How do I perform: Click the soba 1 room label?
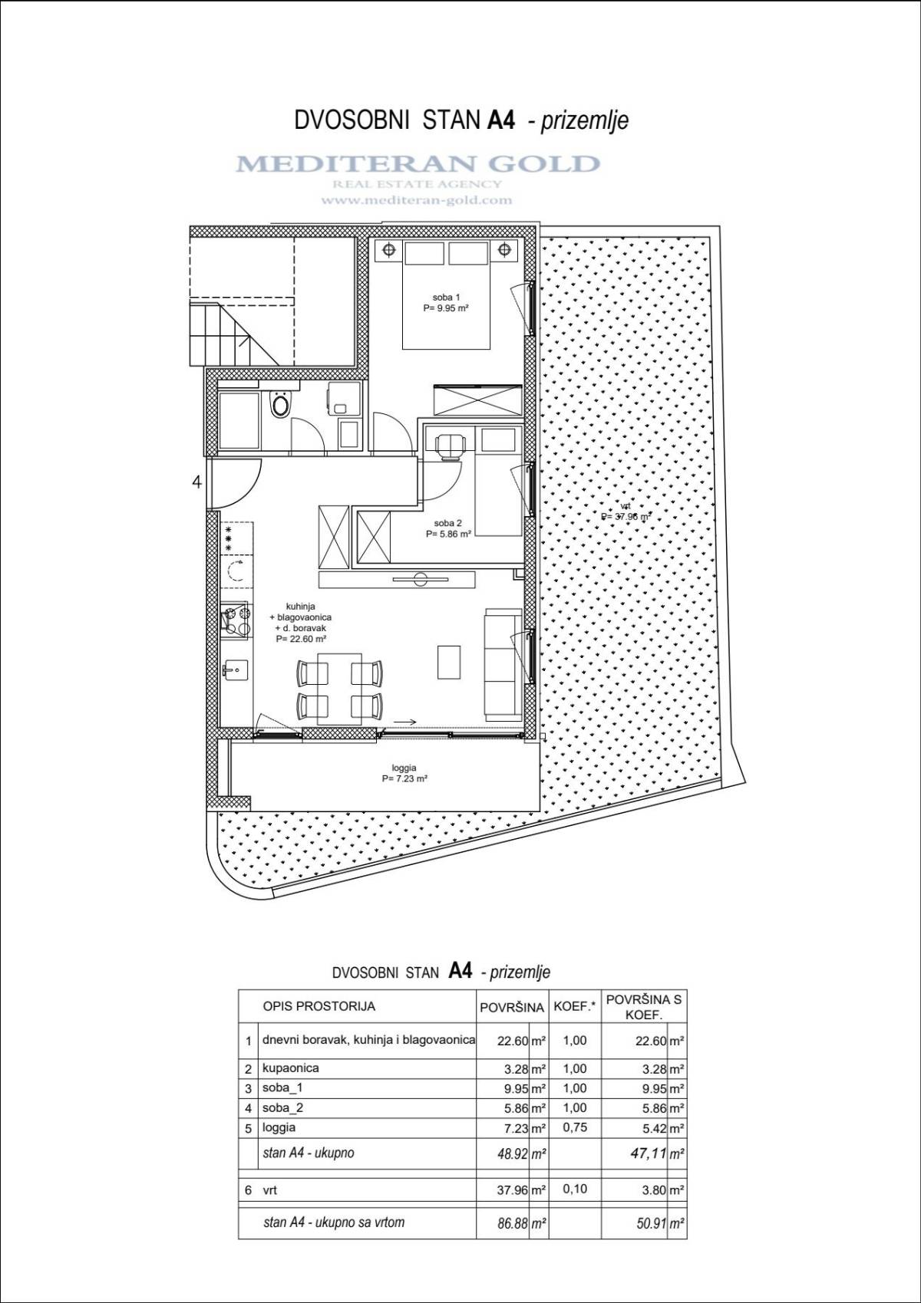(446, 303)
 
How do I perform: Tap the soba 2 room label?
(447, 528)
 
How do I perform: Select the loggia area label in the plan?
(404, 773)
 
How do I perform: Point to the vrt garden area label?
(626, 510)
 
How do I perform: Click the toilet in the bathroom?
(280, 403)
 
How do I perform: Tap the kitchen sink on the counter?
(235, 670)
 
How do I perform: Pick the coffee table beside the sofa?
(449, 662)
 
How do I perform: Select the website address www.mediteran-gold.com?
(417, 200)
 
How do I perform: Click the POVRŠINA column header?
(512, 1008)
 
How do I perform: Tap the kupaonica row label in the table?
(291, 1068)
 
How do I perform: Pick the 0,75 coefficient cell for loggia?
(575, 1127)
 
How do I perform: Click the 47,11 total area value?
(649, 1153)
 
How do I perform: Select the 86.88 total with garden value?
(510, 1222)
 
